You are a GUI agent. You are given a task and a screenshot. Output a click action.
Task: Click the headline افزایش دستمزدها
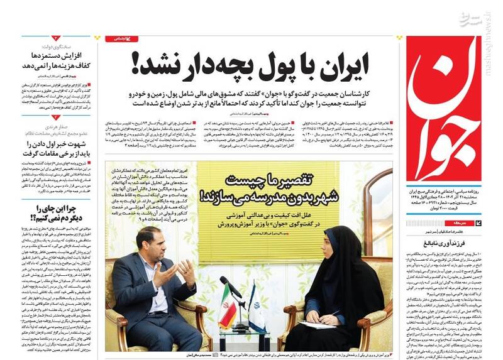click(57, 57)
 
